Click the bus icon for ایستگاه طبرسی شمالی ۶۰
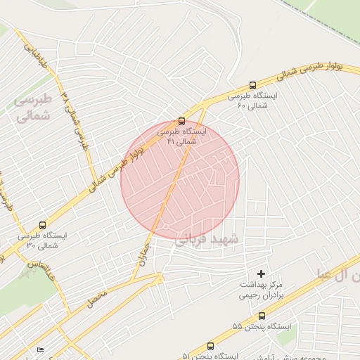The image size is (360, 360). coord(252,85)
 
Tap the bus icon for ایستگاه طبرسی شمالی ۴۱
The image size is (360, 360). coord(182,121)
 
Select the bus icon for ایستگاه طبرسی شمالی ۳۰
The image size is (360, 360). coord(42,226)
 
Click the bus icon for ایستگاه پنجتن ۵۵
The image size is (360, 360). coord(262,316)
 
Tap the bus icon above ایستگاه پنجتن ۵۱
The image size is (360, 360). coord(210,346)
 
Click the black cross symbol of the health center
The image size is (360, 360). coord(262,273)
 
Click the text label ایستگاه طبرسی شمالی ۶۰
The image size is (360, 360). coord(252,100)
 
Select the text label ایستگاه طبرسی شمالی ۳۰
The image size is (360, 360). coord(42,240)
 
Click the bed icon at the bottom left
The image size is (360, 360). coord(40,350)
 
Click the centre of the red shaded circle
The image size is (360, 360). coord(180,180)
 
